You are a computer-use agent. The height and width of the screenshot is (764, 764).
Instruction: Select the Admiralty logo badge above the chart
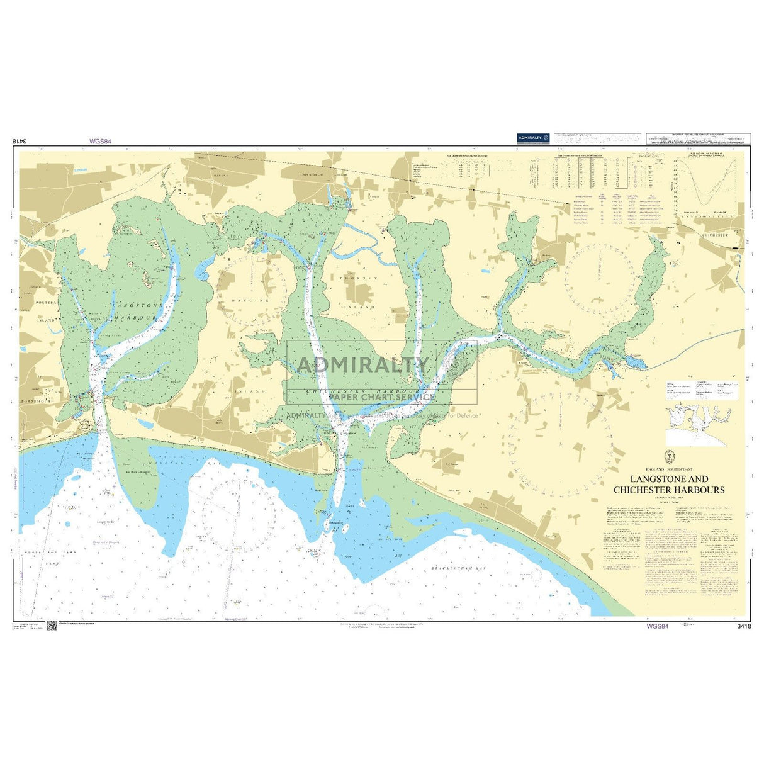coord(533,138)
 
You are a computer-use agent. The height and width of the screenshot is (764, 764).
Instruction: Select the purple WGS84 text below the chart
coord(656,626)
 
